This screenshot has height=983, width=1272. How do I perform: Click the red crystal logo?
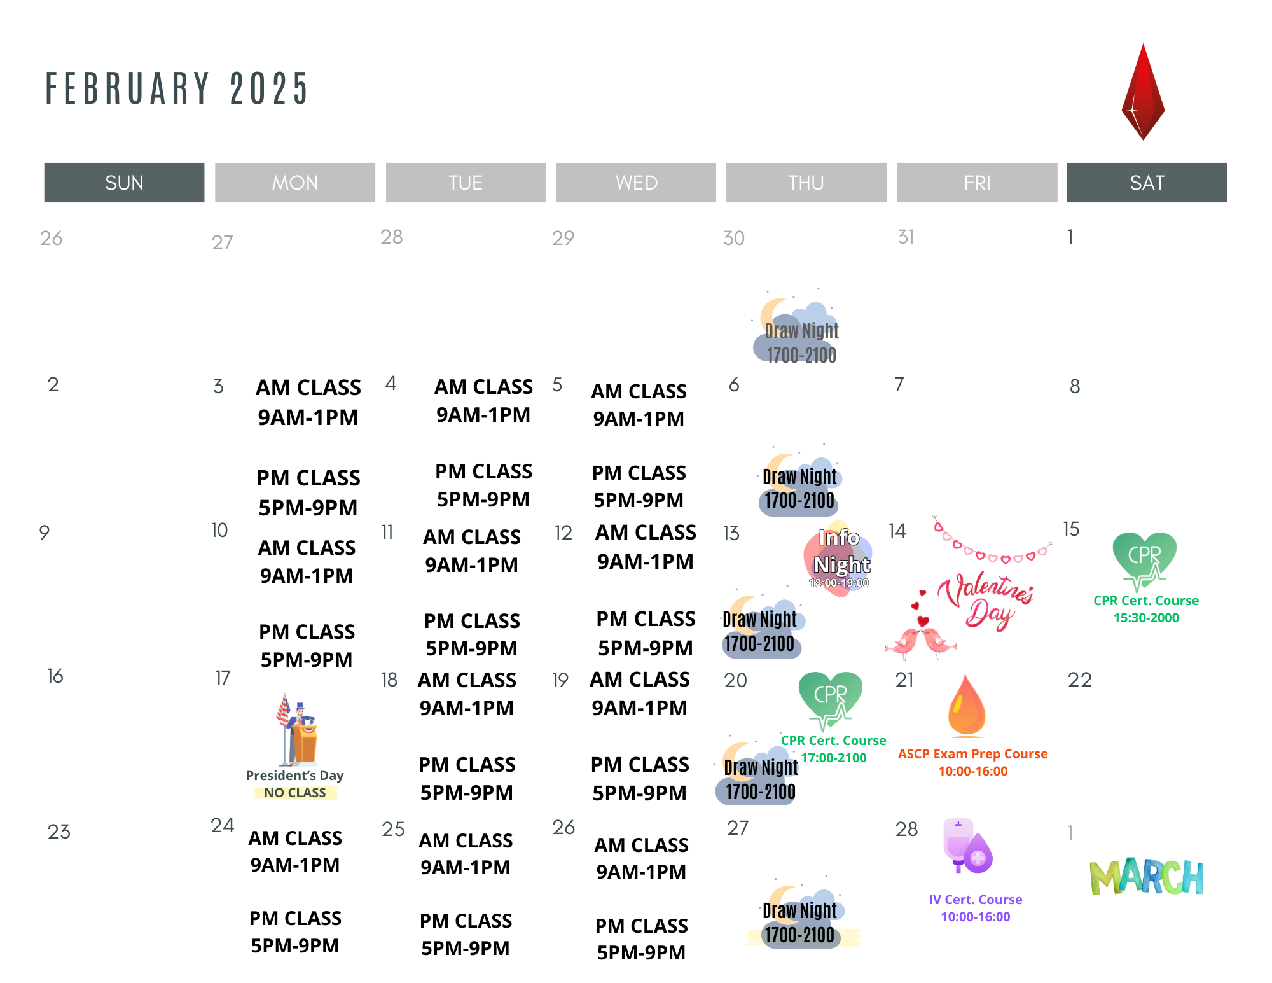coord(1143,92)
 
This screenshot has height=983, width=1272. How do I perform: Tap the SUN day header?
coord(124,183)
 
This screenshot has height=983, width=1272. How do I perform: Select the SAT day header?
coord(1147,183)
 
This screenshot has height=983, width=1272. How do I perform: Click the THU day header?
coord(806,183)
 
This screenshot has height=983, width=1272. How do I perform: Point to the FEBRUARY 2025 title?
coord(177,88)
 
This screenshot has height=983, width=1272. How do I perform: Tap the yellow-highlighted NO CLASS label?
coord(295,793)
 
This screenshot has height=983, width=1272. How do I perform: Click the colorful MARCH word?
coord(1146,877)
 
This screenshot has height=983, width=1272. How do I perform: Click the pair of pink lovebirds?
coord(920,640)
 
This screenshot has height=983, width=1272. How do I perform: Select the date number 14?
coord(897,531)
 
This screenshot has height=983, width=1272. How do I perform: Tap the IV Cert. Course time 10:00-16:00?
coord(976,917)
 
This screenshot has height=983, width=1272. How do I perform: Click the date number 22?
coord(1080,680)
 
